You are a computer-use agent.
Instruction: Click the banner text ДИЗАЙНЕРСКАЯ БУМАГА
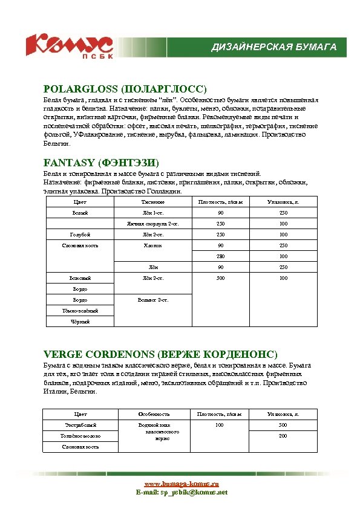273,47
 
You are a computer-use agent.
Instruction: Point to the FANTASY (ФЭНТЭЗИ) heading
101,163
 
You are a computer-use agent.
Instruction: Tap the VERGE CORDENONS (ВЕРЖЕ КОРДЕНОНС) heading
160,354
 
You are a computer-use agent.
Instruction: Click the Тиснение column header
152,201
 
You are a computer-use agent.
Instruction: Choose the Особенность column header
154,414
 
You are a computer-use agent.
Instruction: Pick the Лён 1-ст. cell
152,213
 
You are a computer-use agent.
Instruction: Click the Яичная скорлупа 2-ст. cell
152,224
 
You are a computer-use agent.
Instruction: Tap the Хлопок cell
152,245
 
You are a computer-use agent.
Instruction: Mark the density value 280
220,256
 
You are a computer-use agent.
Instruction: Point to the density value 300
220,278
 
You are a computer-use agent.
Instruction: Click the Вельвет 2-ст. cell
152,300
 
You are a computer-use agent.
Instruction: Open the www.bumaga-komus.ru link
181,484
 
